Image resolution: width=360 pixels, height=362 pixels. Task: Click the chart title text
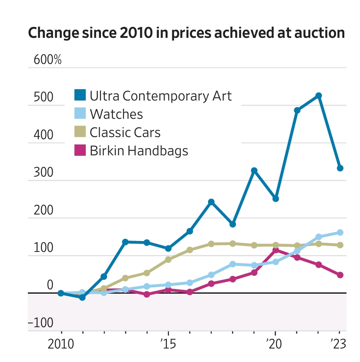(186, 33)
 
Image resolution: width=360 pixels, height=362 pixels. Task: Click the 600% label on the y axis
(47, 60)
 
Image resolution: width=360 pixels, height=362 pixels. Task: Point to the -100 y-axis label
(40, 323)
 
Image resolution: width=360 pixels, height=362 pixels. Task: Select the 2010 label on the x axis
(61, 344)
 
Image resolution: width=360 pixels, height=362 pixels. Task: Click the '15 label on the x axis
(168, 344)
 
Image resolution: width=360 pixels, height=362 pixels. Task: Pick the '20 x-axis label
(275, 344)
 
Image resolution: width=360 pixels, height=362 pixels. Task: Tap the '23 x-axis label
(338, 344)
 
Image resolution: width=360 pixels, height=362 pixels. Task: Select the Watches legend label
(116, 114)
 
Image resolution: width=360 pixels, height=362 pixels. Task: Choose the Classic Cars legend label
(125, 132)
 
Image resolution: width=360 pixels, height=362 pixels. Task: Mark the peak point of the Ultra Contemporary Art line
(319, 96)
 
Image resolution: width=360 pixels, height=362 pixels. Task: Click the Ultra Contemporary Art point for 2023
(340, 168)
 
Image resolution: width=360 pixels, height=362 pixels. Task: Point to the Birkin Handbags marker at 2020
(276, 250)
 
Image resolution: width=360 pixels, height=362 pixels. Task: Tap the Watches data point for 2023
(340, 232)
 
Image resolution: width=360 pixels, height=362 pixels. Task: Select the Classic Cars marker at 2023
(340, 245)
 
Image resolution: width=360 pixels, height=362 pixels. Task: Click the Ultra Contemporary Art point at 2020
(276, 198)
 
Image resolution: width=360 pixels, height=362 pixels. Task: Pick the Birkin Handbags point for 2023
(340, 275)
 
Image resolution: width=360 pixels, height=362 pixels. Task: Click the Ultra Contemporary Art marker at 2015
(168, 248)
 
